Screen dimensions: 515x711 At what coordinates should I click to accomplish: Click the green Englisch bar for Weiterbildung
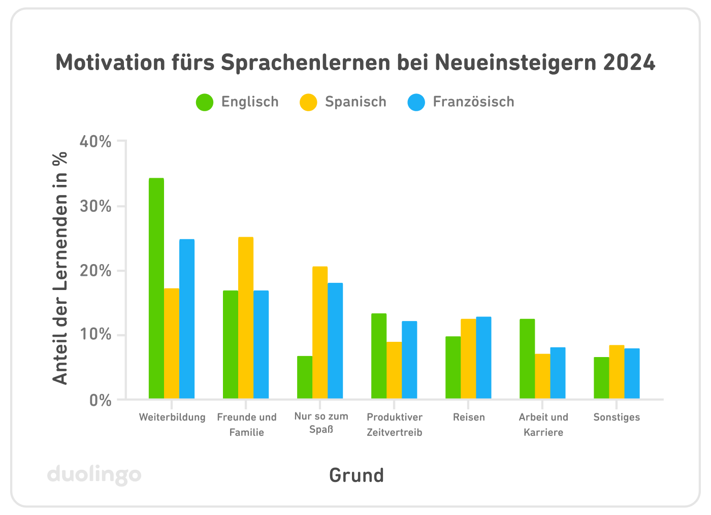click(156, 288)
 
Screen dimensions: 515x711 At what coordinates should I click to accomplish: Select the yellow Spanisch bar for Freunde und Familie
click(246, 317)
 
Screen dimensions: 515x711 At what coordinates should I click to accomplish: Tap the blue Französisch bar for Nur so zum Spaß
click(335, 340)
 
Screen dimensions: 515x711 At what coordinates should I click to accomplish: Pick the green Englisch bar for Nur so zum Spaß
click(305, 377)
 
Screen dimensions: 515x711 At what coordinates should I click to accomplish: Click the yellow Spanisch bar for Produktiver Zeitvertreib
click(394, 370)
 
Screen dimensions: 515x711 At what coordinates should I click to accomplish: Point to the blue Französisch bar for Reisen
click(483, 358)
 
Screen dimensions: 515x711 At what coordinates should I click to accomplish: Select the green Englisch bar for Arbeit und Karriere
click(527, 359)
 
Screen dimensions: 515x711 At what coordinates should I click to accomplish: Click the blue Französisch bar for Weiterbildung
click(187, 318)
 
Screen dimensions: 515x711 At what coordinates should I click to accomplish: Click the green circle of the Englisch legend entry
click(205, 102)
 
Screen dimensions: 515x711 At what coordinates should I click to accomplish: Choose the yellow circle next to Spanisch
click(308, 102)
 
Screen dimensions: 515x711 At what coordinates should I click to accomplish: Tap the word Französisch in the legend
click(473, 102)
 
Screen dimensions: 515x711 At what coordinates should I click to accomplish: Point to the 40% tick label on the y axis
click(95, 142)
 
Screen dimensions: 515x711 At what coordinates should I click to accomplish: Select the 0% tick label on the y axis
click(100, 400)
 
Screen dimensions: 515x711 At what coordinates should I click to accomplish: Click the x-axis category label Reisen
click(469, 417)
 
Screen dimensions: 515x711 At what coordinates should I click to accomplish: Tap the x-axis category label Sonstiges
click(617, 417)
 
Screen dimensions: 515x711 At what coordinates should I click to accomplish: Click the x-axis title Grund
click(357, 475)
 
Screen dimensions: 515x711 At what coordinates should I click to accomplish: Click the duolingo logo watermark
click(94, 475)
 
